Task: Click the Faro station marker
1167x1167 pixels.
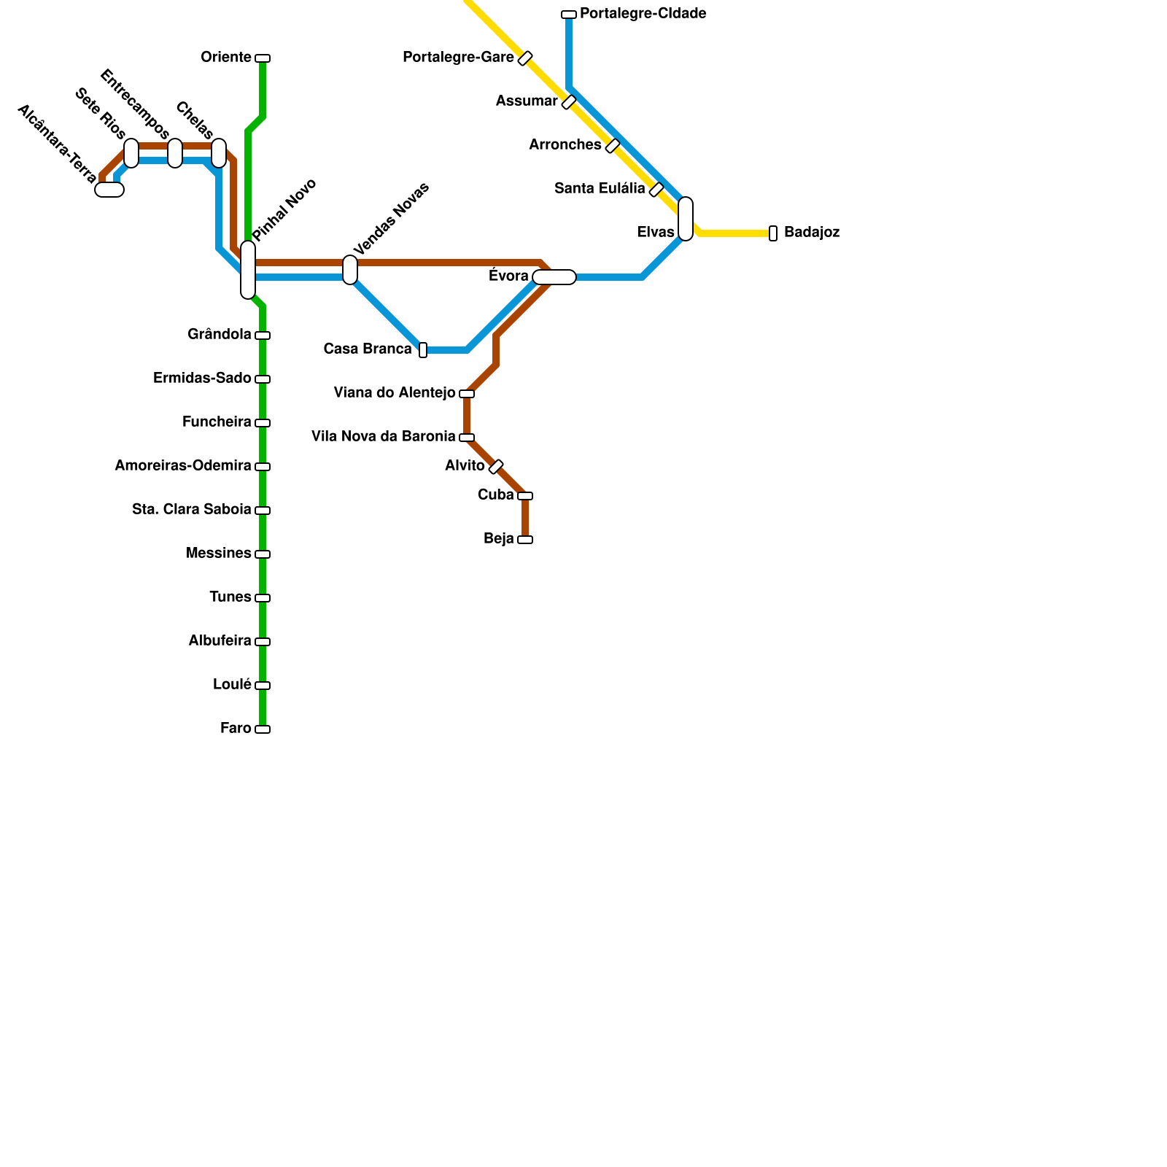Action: pos(263,729)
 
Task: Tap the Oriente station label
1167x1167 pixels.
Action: pos(225,58)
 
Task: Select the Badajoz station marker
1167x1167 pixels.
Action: pos(773,233)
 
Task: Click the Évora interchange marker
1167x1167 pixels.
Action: pos(554,277)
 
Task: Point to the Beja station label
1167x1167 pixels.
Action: pos(498,539)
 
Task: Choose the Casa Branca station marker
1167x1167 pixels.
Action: pos(423,350)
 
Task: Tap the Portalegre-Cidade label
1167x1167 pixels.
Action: pos(643,14)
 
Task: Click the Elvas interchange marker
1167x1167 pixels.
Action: pos(686,219)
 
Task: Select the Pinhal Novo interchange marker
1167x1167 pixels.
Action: pos(248,270)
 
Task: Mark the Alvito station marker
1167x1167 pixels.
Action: pos(496,467)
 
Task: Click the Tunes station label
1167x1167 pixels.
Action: pos(230,597)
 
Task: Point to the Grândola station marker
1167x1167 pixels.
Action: pos(263,336)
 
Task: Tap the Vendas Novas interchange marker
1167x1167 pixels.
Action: pos(350,270)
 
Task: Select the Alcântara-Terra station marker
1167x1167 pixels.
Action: pos(109,190)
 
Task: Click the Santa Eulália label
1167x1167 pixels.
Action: pos(600,189)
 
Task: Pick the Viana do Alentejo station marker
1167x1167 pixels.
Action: pos(467,394)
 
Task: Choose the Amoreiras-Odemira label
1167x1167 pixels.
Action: pos(182,466)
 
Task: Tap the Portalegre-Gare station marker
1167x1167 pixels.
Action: pos(525,58)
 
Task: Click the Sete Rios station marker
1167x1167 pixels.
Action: pos(131,153)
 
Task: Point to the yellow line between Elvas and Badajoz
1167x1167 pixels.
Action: pos(733,233)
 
